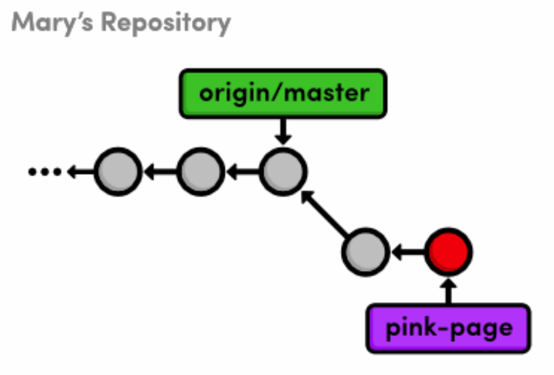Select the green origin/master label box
(283, 93)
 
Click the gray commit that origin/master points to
(283, 172)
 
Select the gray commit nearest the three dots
(118, 172)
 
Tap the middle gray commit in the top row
(200, 172)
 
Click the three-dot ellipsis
(44, 172)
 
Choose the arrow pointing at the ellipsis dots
(80, 172)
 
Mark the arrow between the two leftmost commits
(159, 172)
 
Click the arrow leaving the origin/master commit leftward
(242, 172)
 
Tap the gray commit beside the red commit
(366, 253)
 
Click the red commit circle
(448, 253)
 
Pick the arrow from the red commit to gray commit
(407, 253)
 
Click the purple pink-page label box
(448, 328)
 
